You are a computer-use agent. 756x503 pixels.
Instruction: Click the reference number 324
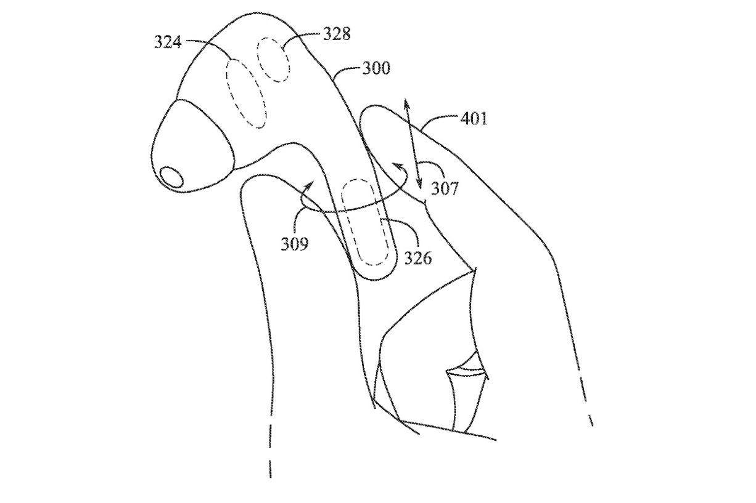click(x=168, y=42)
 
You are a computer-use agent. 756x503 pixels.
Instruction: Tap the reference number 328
click(x=337, y=34)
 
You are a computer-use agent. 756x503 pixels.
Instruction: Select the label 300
click(x=376, y=68)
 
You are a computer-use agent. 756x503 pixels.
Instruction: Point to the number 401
click(x=474, y=119)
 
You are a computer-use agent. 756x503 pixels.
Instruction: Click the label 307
click(x=445, y=188)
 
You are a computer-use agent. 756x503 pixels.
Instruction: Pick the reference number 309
click(x=295, y=244)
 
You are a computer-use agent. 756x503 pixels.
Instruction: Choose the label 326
click(x=418, y=258)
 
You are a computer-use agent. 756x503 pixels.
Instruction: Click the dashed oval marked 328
click(x=273, y=60)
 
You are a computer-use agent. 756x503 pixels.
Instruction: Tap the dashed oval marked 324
click(x=247, y=94)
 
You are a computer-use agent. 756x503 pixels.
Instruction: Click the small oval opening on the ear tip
click(x=171, y=177)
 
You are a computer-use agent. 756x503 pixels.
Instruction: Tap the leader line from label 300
click(x=345, y=71)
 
